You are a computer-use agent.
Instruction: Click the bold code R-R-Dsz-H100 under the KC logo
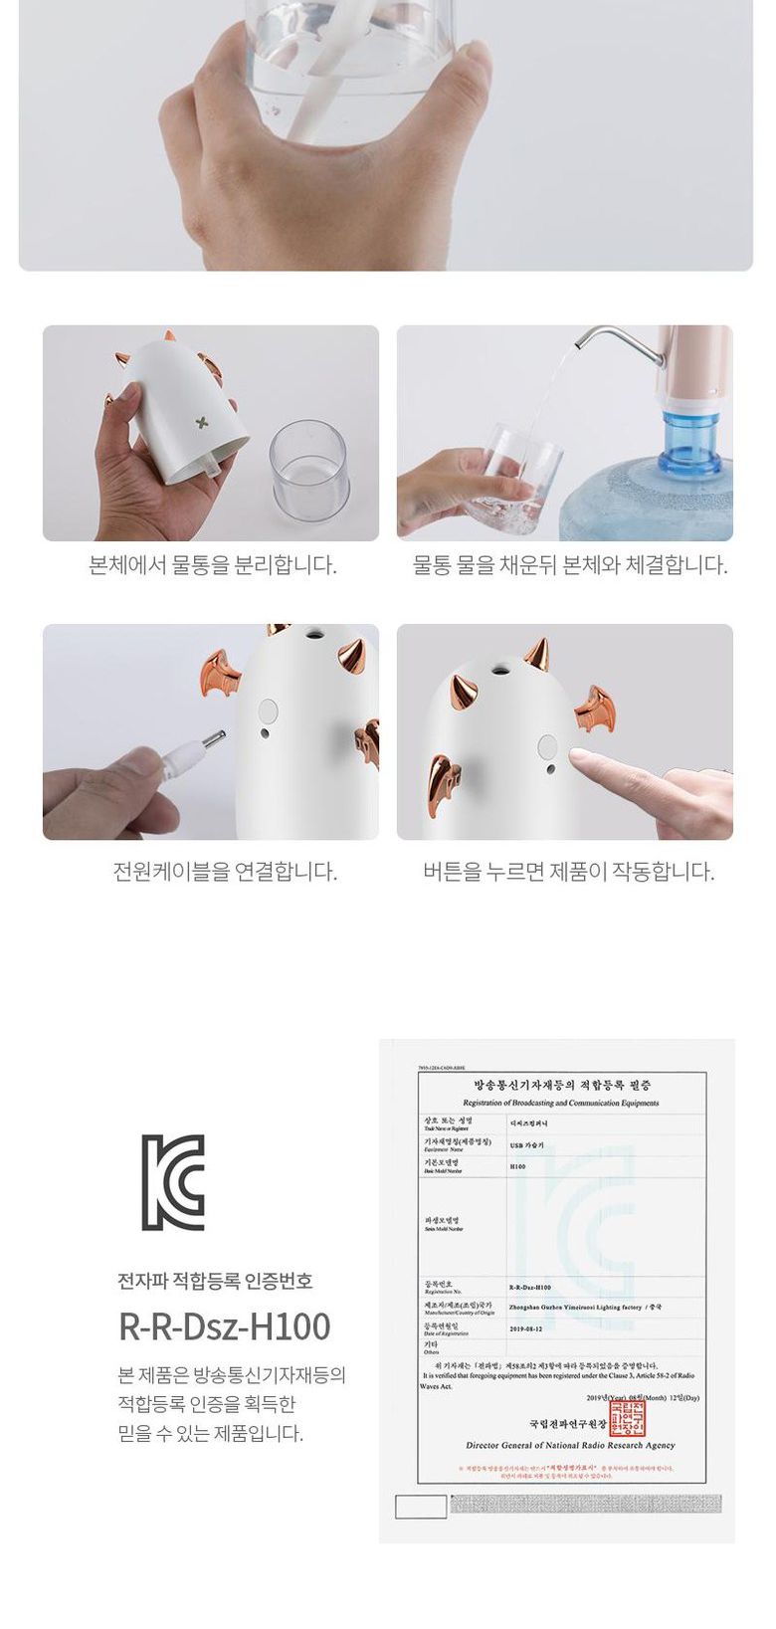pyautogui.click(x=224, y=1326)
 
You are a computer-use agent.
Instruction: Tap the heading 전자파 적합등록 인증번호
pyautogui.click(x=215, y=1280)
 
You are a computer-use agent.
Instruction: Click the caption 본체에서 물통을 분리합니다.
pyautogui.click(x=213, y=565)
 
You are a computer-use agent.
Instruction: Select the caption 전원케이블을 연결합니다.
pyautogui.click(x=225, y=872)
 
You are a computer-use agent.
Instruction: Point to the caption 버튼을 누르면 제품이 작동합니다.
pyautogui.click(x=568, y=872)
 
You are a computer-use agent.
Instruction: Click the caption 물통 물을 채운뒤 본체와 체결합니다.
pyautogui.click(x=570, y=565)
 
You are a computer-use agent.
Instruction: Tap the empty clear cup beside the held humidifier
pyautogui.click(x=309, y=466)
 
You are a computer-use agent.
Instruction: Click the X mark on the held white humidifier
pyautogui.click(x=203, y=423)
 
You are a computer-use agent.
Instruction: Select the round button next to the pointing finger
pyautogui.click(x=547, y=747)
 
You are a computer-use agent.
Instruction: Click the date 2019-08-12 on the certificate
pyautogui.click(x=525, y=1327)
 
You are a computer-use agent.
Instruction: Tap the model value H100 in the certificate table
pyautogui.click(x=517, y=1166)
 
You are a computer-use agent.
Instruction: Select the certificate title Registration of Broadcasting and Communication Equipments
pyautogui.click(x=560, y=1103)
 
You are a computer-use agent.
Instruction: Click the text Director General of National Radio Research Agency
pyautogui.click(x=570, y=1445)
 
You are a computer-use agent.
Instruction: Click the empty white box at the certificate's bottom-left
pyautogui.click(x=421, y=1506)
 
